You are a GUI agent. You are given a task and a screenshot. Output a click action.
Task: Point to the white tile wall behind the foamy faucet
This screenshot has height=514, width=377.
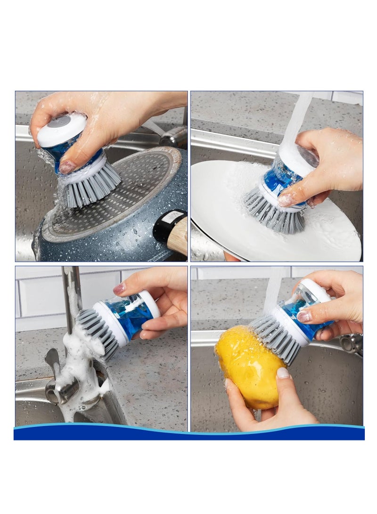pos(38,297)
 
